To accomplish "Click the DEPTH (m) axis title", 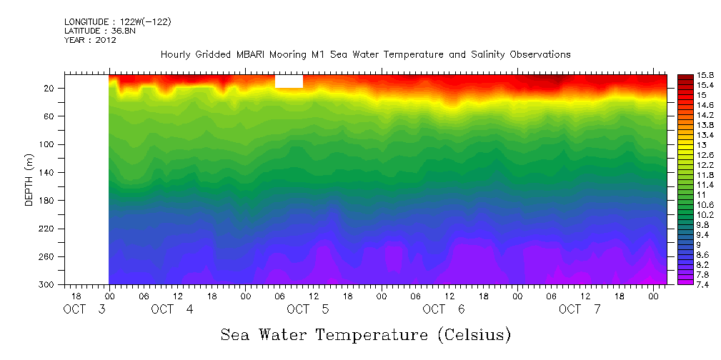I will pyautogui.click(x=29, y=182).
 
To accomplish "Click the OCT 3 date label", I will pyautogui.click(x=84, y=309).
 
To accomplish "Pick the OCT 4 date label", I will pyautogui.click(x=172, y=309).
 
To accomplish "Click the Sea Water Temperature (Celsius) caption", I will pyautogui.click(x=366, y=334).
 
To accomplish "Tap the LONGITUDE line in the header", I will pyautogui.click(x=117, y=21).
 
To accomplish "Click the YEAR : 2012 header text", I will pyautogui.click(x=90, y=40).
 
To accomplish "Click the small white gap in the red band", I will pyautogui.click(x=289, y=81).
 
